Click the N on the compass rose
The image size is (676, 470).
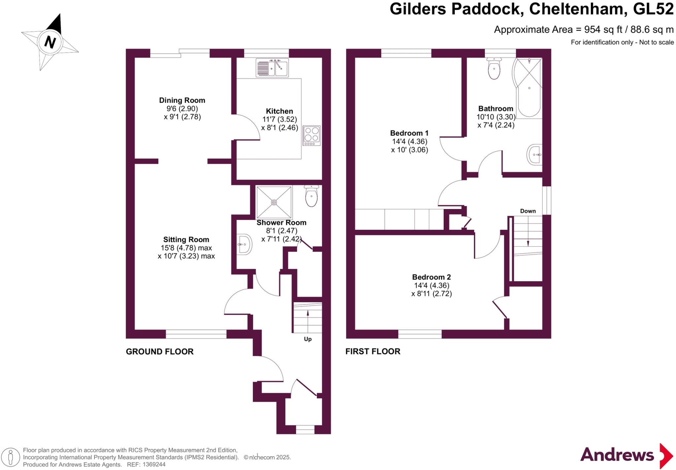click(x=50, y=42)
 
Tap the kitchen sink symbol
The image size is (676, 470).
click(x=272, y=68)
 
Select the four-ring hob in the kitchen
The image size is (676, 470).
click(x=312, y=135)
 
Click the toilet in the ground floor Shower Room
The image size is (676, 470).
click(x=311, y=196)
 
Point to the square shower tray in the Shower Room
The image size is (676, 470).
click(x=274, y=202)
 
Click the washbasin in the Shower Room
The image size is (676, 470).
click(x=245, y=244)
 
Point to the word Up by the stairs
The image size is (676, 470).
click(x=308, y=339)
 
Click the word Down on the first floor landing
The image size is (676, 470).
click(x=528, y=211)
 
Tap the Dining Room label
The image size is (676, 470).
click(x=182, y=101)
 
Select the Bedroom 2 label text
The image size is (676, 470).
click(x=431, y=277)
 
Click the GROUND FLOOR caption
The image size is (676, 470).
click(x=160, y=352)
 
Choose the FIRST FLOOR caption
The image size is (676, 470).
click(x=373, y=351)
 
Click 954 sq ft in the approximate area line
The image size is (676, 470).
click(x=603, y=30)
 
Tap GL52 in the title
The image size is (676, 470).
click(x=653, y=9)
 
